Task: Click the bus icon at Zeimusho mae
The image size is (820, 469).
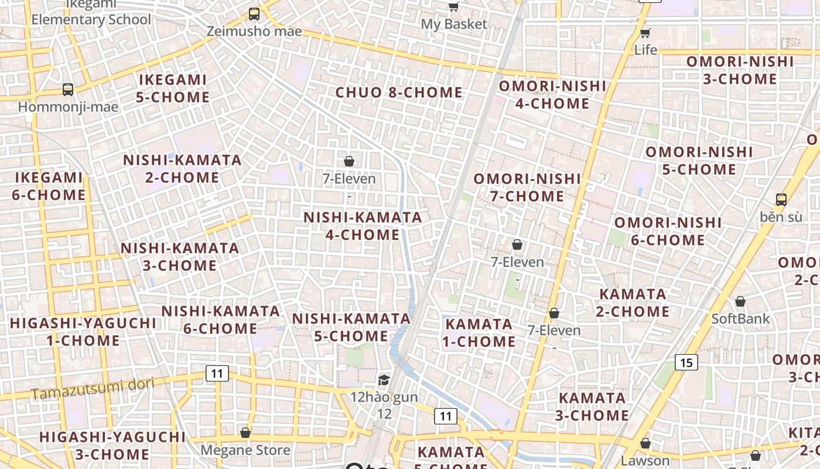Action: coord(254,13)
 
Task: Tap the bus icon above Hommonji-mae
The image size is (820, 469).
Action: coord(68,90)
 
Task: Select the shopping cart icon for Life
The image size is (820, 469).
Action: coord(645,32)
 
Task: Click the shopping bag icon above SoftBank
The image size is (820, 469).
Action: coord(740,301)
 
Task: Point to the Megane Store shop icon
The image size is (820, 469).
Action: coord(245,433)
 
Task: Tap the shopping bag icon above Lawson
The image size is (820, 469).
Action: coord(645,443)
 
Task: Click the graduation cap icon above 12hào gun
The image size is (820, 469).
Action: coord(384,380)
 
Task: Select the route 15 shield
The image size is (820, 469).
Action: coord(686,362)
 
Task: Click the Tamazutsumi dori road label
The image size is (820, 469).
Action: coord(93,389)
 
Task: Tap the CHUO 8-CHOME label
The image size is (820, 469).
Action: coord(399,93)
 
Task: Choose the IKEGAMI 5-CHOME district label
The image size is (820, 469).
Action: coord(173,89)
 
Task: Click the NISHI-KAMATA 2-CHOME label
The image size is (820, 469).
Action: coord(182,169)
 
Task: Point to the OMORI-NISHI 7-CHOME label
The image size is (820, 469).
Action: coord(527,188)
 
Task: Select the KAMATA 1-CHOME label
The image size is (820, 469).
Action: coord(479,332)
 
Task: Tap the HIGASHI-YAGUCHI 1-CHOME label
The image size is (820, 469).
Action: coord(83,332)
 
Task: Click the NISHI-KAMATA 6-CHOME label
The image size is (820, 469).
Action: coord(221,320)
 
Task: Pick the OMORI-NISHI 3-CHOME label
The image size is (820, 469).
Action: coord(740,70)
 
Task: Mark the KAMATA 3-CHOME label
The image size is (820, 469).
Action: coord(592,407)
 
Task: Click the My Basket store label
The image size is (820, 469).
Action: coord(454,24)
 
